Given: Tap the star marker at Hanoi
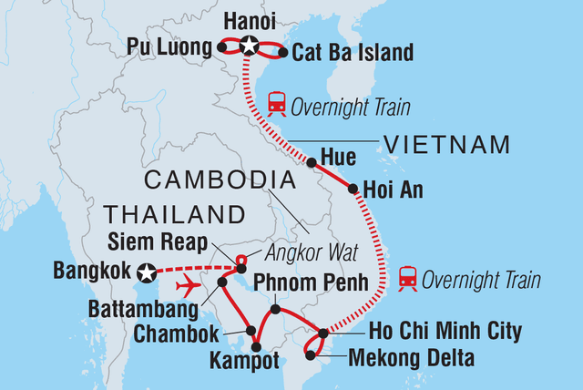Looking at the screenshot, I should click(x=249, y=44).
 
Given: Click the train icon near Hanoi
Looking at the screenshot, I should click(x=275, y=107).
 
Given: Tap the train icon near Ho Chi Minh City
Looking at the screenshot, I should click(x=407, y=279).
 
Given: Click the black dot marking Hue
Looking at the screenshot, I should click(x=312, y=163).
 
